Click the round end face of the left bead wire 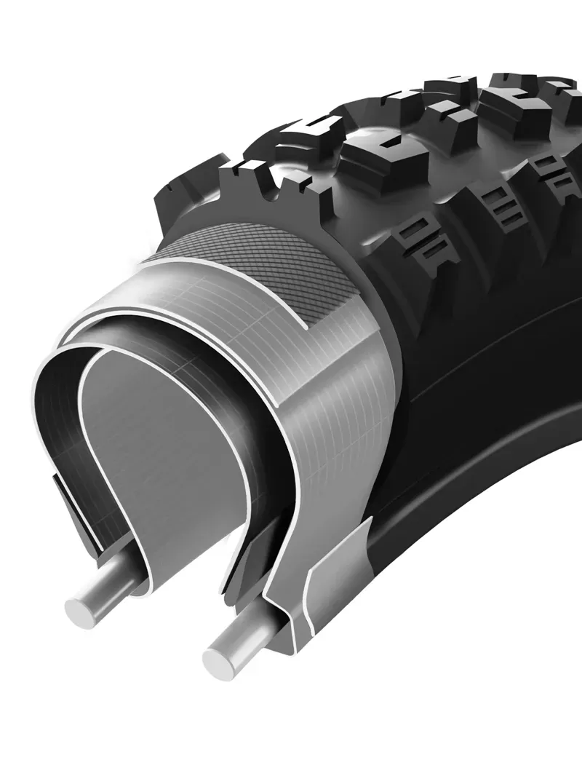[82, 606]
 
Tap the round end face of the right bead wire [219, 661]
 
